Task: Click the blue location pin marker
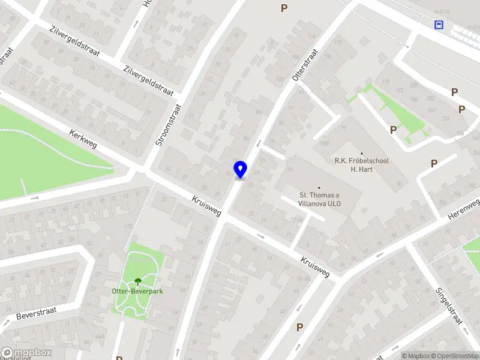[241, 170]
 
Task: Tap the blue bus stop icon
[440, 25]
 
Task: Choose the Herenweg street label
[464, 209]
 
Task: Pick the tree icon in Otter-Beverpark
[138, 280]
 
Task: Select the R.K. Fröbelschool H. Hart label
[362, 165]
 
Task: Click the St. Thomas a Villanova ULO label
[320, 199]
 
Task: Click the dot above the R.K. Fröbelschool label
[362, 153]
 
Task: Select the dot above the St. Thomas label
[320, 187]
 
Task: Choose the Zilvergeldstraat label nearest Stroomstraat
[148, 81]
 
